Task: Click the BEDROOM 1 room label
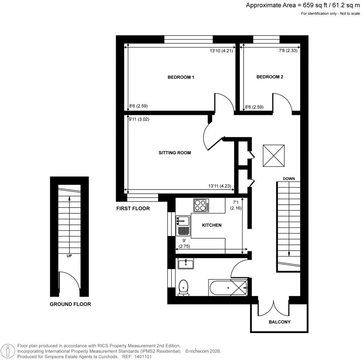click(x=181, y=77)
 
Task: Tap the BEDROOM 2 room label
click(x=270, y=77)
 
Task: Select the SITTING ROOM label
click(x=175, y=153)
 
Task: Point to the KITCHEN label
click(x=211, y=225)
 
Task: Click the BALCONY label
click(x=279, y=322)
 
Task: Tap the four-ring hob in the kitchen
click(x=201, y=205)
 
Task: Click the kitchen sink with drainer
click(x=183, y=226)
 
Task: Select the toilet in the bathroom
click(x=183, y=288)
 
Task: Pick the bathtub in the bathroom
click(x=228, y=288)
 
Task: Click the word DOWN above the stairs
click(x=289, y=179)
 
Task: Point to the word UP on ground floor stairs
click(x=69, y=255)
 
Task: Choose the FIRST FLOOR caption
click(x=133, y=209)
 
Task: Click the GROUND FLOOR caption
click(x=70, y=304)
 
